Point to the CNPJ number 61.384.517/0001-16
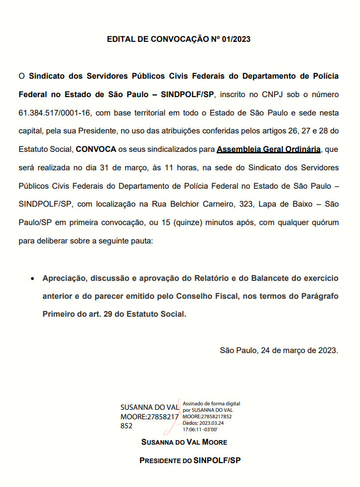[x=54, y=113]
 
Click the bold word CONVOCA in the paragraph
[x=96, y=149]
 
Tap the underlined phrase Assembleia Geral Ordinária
[x=268, y=149]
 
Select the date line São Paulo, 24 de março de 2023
[x=279, y=350]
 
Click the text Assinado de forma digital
[x=212, y=403]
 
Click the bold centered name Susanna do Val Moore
[x=184, y=442]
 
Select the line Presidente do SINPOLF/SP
[x=190, y=461]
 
